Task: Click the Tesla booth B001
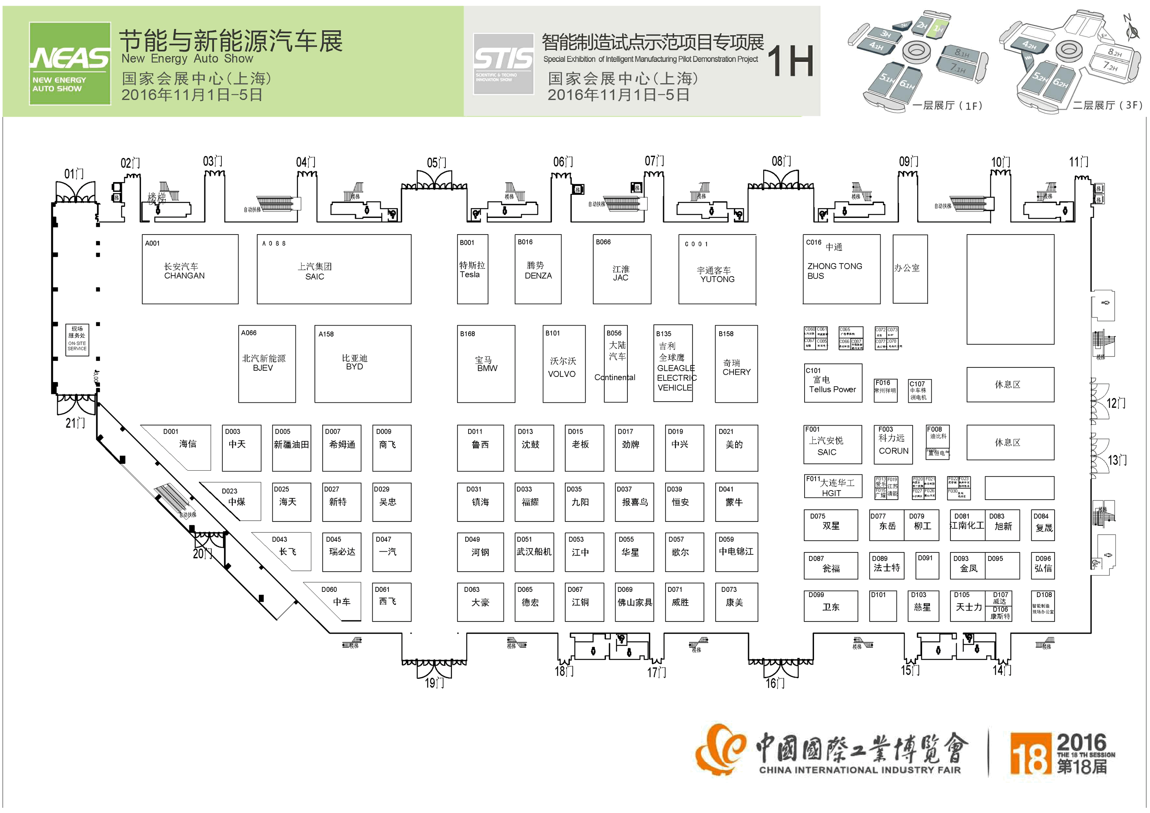472,269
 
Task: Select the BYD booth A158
362,363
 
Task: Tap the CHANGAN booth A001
190,269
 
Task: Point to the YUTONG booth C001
717,270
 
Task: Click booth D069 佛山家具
634,602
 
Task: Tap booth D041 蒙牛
736,502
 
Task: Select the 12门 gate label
1116,403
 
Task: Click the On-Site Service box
77,339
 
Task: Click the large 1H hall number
790,61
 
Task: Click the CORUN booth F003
894,443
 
